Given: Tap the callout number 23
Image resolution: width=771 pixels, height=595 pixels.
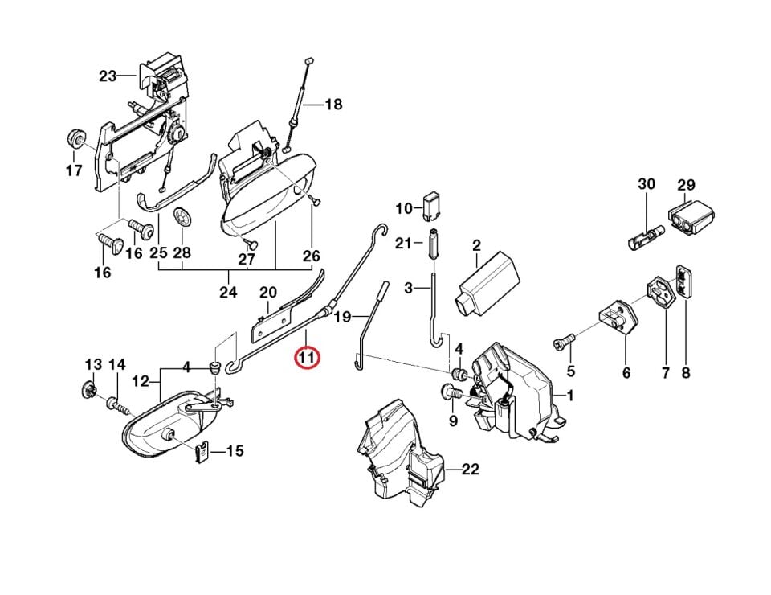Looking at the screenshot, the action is [108, 76].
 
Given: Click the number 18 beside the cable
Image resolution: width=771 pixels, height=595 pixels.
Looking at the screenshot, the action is [333, 105].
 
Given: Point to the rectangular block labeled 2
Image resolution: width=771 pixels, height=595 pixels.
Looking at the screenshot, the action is [489, 283].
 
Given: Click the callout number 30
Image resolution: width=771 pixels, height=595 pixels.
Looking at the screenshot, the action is [646, 184].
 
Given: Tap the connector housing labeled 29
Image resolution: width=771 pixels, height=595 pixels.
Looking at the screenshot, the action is [691, 216].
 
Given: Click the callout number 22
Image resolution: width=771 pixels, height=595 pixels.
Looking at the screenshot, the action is [470, 470].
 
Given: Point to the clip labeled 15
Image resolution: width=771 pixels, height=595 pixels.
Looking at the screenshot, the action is [202, 453].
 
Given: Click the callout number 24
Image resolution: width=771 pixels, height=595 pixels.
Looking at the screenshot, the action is [228, 293].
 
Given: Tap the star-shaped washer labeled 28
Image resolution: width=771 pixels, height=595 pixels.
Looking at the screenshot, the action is [182, 219].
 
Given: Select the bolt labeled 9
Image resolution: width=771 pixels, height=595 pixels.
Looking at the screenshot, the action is [451, 394].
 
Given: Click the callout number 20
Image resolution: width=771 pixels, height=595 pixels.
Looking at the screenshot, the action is [268, 293].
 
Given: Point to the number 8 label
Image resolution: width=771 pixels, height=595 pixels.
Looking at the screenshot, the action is [686, 372].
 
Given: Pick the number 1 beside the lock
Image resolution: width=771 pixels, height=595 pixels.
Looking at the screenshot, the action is [570, 396].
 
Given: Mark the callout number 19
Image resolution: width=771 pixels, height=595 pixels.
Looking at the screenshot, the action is [342, 317].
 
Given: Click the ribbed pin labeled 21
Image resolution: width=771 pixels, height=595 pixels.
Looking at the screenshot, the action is [433, 243].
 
